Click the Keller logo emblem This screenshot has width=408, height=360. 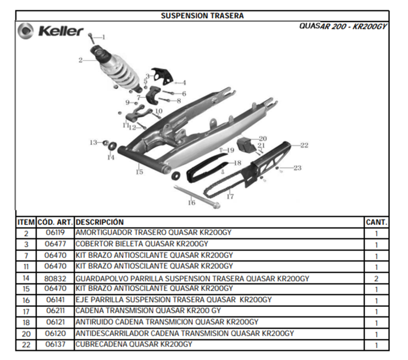[25, 31]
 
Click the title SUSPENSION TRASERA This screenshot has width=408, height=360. [202, 16]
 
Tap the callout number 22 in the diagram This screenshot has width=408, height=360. [304, 145]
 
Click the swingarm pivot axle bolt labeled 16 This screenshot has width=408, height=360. [197, 197]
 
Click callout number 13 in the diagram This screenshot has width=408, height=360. [93, 143]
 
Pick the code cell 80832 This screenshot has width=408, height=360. [55, 278]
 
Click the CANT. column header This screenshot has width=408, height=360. [376, 222]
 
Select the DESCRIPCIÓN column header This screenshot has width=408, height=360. [100, 222]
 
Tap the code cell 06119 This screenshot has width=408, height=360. [55, 233]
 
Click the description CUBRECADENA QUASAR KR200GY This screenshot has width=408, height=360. [134, 344]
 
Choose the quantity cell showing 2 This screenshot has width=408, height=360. [376, 278]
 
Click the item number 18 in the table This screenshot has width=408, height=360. [26, 323]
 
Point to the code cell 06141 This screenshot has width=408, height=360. [55, 300]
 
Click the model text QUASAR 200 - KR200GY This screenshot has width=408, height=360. [343, 26]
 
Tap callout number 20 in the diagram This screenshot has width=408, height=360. [263, 139]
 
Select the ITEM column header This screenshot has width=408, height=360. [26, 222]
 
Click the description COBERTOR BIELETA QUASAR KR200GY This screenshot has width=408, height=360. [142, 244]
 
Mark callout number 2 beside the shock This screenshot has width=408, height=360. [80, 61]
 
